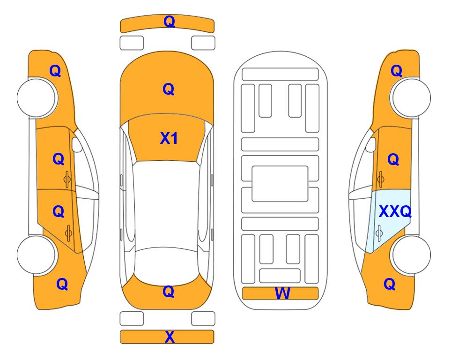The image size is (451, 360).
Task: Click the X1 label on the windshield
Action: pyautogui.click(x=169, y=139)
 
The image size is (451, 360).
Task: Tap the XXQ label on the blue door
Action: pyautogui.click(x=395, y=212)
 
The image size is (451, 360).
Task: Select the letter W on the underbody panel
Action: pyautogui.click(x=282, y=293)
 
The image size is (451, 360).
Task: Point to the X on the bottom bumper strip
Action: pyautogui.click(x=170, y=337)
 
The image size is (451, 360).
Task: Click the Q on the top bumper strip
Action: pyautogui.click(x=169, y=22)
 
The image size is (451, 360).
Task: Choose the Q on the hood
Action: pyautogui.click(x=169, y=89)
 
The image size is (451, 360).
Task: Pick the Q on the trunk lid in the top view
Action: pyautogui.click(x=169, y=292)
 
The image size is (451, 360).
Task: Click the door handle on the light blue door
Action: pyautogui.click(x=379, y=233)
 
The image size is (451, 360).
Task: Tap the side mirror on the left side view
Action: pyautogui.click(x=76, y=144)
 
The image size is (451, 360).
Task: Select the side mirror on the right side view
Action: pyautogui.click(x=371, y=144)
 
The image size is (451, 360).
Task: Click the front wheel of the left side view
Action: pyautogui.click(x=37, y=97)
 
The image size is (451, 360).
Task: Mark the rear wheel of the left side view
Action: pyautogui.click(x=37, y=255)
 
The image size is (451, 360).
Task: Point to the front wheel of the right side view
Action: pyautogui.click(x=411, y=97)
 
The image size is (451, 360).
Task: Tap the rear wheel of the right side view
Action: pyautogui.click(x=411, y=255)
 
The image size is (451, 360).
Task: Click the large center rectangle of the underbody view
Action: pyautogui.click(x=280, y=184)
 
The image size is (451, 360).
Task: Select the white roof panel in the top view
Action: pyautogui.click(x=167, y=206)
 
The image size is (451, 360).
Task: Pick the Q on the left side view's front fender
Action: pyautogui.click(x=55, y=71)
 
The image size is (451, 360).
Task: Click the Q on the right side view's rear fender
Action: pyautogui.click(x=390, y=284)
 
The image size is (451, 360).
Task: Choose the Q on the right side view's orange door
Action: pyautogui.click(x=393, y=159)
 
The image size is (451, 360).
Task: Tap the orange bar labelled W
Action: pyautogui.click(x=280, y=293)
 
